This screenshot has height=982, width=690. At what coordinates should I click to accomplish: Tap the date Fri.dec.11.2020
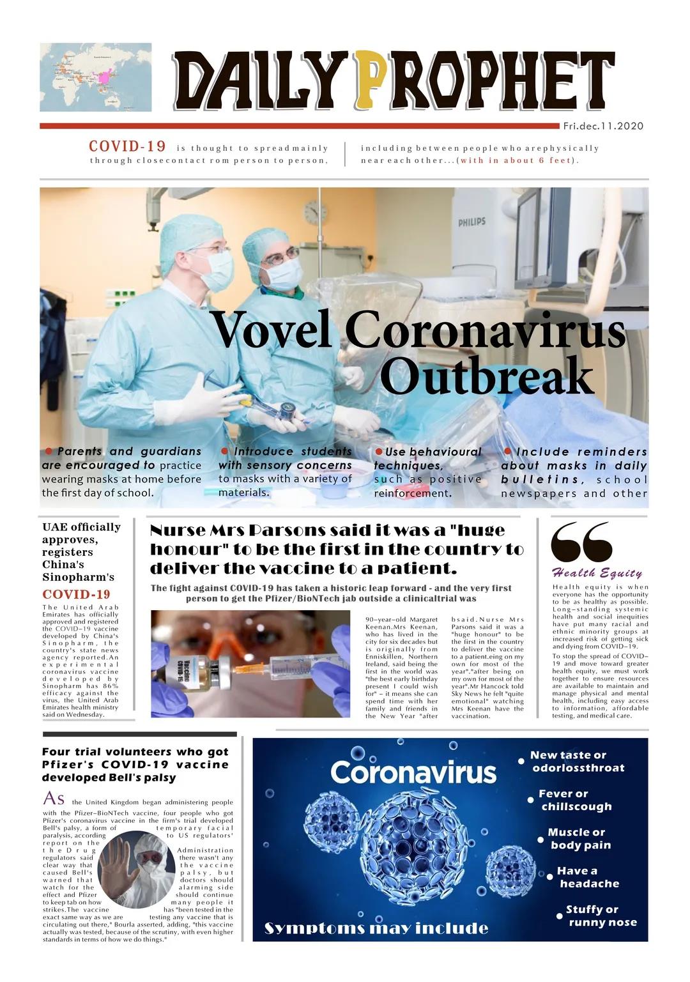pyautogui.click(x=603, y=126)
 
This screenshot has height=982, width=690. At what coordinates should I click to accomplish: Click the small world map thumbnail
pyautogui.click(x=96, y=77)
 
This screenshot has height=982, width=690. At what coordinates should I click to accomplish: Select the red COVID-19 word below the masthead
pyautogui.click(x=127, y=146)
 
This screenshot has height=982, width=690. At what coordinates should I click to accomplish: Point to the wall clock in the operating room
pyautogui.click(x=315, y=211)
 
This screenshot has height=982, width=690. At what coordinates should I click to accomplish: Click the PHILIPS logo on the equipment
pyautogui.click(x=471, y=222)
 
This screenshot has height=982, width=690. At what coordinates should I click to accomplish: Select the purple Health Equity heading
pyautogui.click(x=597, y=572)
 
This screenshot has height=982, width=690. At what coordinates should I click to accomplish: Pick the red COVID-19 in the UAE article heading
pyautogui.click(x=76, y=594)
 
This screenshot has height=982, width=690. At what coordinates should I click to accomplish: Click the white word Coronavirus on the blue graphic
pyautogui.click(x=413, y=772)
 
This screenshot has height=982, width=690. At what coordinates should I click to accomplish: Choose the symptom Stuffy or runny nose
pyautogui.click(x=601, y=916)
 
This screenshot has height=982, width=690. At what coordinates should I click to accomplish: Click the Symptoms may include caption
pyautogui.click(x=376, y=928)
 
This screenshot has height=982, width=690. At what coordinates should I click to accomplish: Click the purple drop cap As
pyautogui.click(x=54, y=799)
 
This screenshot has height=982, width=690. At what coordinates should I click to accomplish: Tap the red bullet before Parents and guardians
pyautogui.click(x=49, y=451)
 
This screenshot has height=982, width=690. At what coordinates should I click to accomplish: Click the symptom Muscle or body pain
pyautogui.click(x=579, y=838)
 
